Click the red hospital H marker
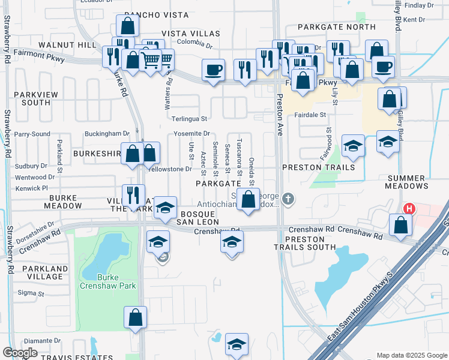coord(409,209)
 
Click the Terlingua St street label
coord(189,119)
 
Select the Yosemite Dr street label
coord(191,134)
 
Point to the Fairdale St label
coord(310,115)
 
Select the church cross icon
coord(288,199)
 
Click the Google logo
coord(20,353)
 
